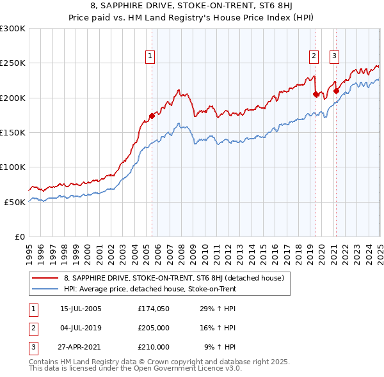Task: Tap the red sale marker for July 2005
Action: [x=152, y=116]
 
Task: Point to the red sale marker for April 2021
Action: [x=336, y=91]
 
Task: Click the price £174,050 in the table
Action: [x=154, y=309]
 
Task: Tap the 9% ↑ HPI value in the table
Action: [x=220, y=347]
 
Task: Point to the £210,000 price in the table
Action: [x=154, y=347]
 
